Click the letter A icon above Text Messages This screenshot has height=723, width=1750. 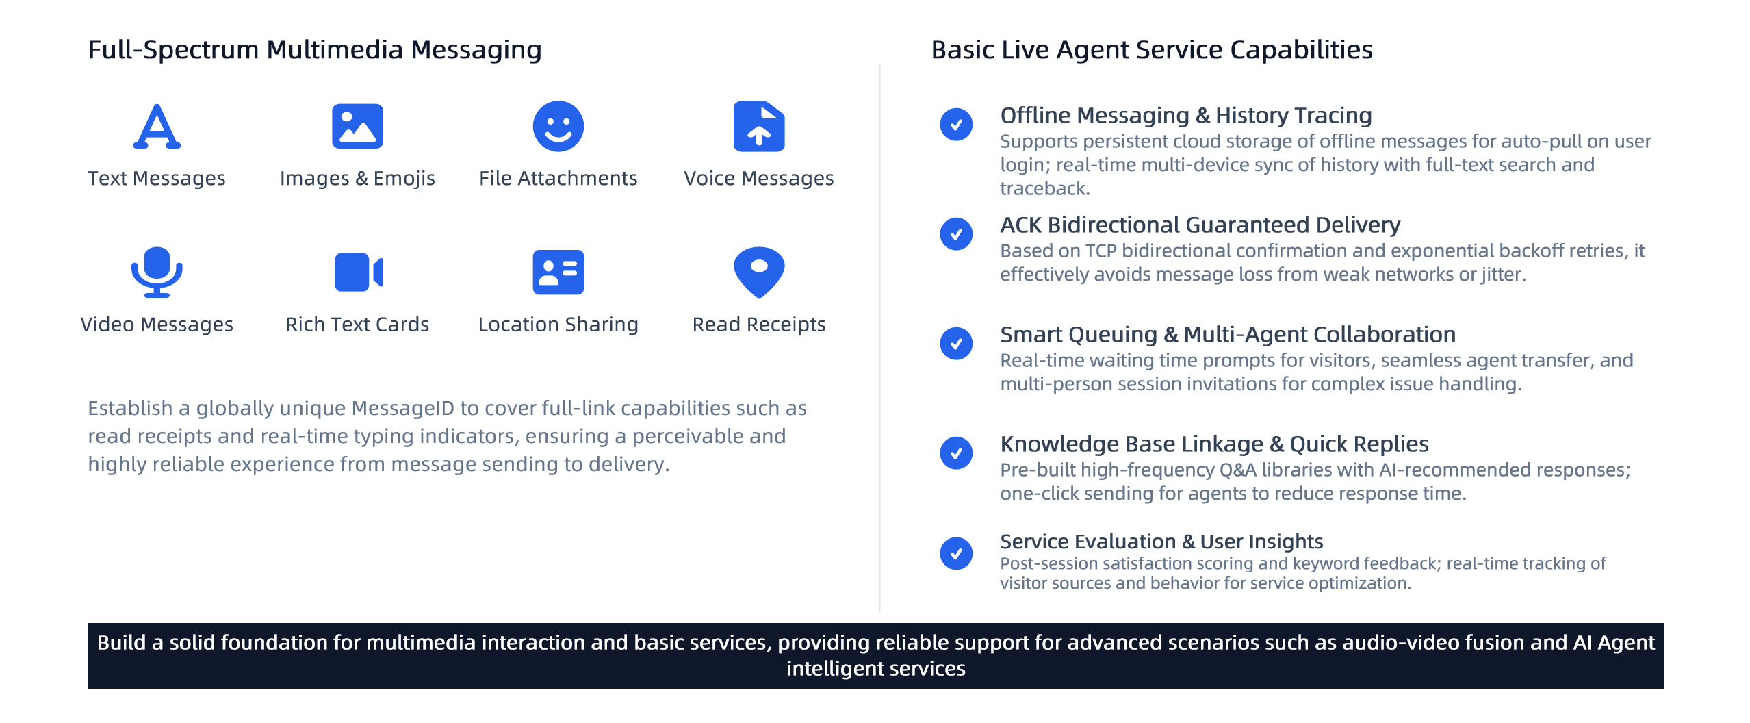click(157, 126)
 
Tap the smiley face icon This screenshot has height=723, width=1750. click(558, 126)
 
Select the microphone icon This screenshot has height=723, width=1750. click(157, 272)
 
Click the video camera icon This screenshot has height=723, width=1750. click(358, 272)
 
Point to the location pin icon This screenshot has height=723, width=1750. click(758, 272)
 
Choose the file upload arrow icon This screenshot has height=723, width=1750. click(758, 126)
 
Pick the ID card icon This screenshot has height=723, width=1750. click(558, 272)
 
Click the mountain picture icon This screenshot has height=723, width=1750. click(357, 126)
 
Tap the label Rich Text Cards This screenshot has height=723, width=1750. click(357, 324)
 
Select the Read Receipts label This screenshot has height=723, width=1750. click(758, 324)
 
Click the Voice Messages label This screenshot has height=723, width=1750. click(758, 178)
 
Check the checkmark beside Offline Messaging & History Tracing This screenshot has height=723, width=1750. click(955, 125)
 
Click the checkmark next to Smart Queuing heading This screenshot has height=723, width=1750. click(955, 344)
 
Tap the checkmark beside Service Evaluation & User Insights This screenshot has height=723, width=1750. click(955, 553)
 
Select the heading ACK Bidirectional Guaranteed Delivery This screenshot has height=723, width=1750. click(1200, 225)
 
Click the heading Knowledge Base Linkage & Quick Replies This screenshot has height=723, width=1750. click(1214, 444)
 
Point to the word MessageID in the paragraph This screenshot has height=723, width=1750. click(402, 408)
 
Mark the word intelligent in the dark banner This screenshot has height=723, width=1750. click(832, 668)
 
